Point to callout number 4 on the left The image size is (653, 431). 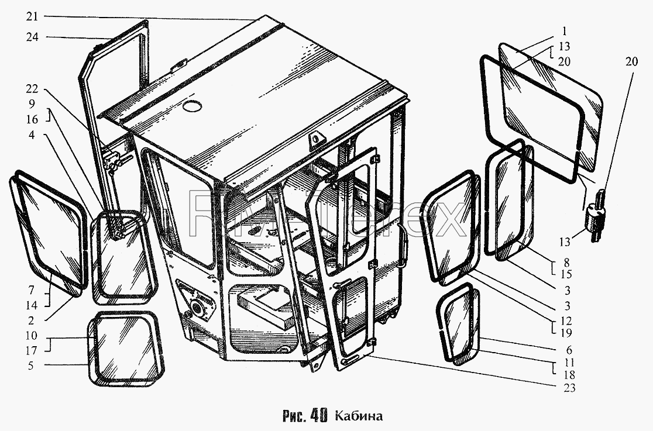pos(32,135)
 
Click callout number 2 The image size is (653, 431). pos(31,320)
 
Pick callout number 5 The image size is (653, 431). pos(31,366)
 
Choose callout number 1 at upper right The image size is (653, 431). pos(564,31)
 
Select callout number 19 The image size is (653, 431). pos(566,333)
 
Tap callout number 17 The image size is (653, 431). pos(31,351)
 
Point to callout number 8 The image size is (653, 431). pos(566,263)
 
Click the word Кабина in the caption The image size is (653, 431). pos(359,416)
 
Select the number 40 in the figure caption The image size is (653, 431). pos(319,416)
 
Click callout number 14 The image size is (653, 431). pos(31,305)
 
